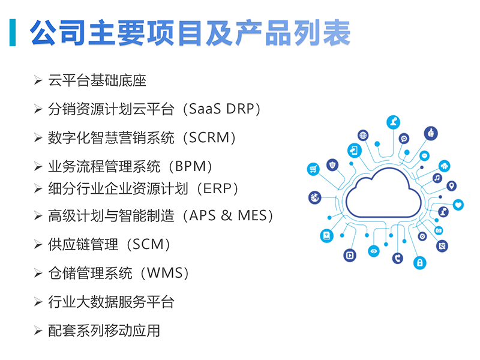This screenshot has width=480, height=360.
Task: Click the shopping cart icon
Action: pos(313,169)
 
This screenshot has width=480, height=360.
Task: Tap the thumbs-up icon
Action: pos(431,133)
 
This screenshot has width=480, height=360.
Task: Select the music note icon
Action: pos(437,178)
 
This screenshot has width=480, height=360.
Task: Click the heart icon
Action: pos(458,205)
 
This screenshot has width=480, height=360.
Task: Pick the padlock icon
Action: pos(419,262)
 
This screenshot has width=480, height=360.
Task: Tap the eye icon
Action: pos(373,251)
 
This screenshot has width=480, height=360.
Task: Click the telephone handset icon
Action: pos(398,258)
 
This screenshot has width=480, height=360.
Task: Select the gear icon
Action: pos(422,236)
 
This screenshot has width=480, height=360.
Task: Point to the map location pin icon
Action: pos(452,186)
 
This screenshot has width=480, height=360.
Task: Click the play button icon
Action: pos(350,256)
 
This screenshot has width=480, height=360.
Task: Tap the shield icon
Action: pos(332,165)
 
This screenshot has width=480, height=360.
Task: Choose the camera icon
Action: pos(439,230)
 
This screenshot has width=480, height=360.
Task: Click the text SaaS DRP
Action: pos(221,109)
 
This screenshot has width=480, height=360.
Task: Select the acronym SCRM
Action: pos(209,138)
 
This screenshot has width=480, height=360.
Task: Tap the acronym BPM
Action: pos(190,167)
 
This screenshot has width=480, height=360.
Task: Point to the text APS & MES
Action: pos(229,215)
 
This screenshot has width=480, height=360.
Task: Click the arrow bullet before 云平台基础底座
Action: pos(38,80)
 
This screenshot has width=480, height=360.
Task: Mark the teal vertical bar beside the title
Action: pos(13,32)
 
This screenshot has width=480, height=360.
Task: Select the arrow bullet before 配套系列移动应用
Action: pos(38,331)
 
